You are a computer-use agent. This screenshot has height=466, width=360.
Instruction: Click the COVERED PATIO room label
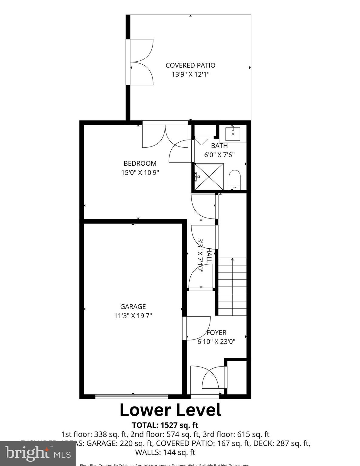point(190,65)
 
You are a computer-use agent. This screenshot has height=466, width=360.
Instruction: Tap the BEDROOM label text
point(140,163)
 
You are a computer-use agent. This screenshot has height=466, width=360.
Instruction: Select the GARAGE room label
point(133,306)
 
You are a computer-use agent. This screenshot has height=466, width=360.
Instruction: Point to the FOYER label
point(216,333)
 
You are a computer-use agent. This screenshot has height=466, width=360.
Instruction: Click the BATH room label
point(219,146)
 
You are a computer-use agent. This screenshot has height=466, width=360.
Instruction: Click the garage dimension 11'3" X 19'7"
point(133,316)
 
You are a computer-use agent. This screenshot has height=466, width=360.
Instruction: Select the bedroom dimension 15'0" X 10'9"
point(140,173)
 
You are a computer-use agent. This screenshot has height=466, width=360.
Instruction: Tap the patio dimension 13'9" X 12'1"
point(190,74)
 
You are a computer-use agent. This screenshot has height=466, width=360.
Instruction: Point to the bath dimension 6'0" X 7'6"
point(219,155)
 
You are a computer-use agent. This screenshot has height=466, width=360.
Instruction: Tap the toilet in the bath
point(234,179)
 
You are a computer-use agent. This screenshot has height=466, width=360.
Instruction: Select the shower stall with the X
point(209,177)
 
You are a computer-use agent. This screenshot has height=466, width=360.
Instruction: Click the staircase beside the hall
point(232,286)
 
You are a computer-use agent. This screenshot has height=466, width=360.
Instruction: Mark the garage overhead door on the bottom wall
point(132,396)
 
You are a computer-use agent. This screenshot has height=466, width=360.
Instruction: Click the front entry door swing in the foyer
point(210,379)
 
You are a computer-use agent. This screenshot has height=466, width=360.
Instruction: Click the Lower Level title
point(170,410)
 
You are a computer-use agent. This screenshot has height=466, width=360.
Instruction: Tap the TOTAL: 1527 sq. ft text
point(165,425)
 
